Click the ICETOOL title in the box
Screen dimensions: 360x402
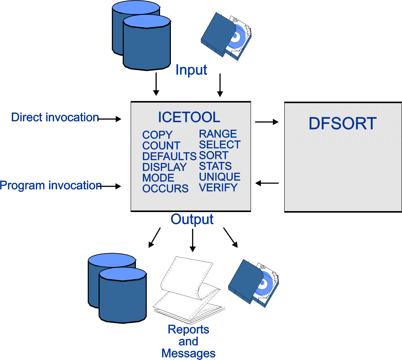tap(189, 117)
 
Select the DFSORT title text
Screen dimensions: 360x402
tap(342, 123)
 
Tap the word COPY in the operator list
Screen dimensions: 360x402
tap(157, 135)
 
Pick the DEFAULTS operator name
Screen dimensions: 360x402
tap(169, 156)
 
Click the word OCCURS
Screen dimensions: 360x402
tap(165, 188)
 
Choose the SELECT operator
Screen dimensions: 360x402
tap(220, 145)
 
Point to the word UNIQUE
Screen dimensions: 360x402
tap(220, 177)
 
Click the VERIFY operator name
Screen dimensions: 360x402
tap(218, 188)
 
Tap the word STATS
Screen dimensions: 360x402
tap(215, 166)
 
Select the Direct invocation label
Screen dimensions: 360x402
tap(55, 117)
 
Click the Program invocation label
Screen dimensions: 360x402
tap(51, 185)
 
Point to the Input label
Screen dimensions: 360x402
tap(191, 70)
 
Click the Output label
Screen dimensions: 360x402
tap(192, 219)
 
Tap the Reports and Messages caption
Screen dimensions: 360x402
tap(188, 341)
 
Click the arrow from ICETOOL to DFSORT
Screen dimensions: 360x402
tap(267, 122)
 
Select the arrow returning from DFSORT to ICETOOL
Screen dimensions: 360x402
tap(267, 183)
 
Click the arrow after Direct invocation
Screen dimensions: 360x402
tap(110, 119)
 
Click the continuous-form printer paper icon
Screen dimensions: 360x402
tap(189, 290)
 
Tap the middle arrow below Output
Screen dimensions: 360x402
tap(193, 240)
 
